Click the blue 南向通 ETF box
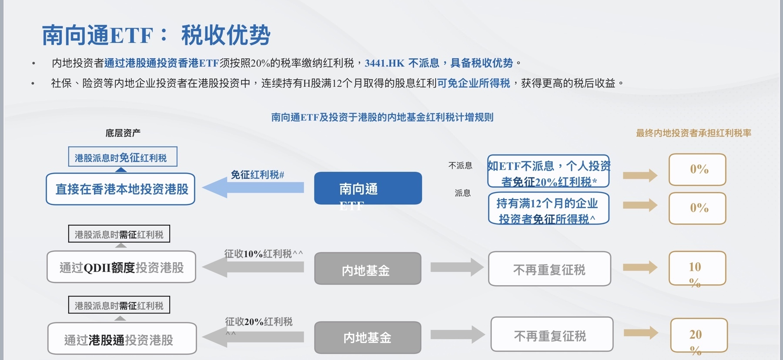[x=368, y=188]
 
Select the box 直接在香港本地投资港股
[x=120, y=189]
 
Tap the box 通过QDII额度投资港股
[x=121, y=267]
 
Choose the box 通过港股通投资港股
[x=122, y=339]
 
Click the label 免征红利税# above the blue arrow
[x=257, y=175]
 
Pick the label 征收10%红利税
[x=263, y=254]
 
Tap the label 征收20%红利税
[x=259, y=322]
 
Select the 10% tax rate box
[x=697, y=268]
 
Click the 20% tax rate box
[x=699, y=335]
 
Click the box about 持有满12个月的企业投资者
[x=548, y=209]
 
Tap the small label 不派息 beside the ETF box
[x=460, y=166]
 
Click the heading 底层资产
[x=123, y=133]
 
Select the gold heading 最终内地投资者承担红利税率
[x=693, y=133]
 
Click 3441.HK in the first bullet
[x=385, y=63]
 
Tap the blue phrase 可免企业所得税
[x=473, y=83]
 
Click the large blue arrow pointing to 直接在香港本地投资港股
[x=253, y=188]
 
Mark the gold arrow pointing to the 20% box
[x=641, y=333]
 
